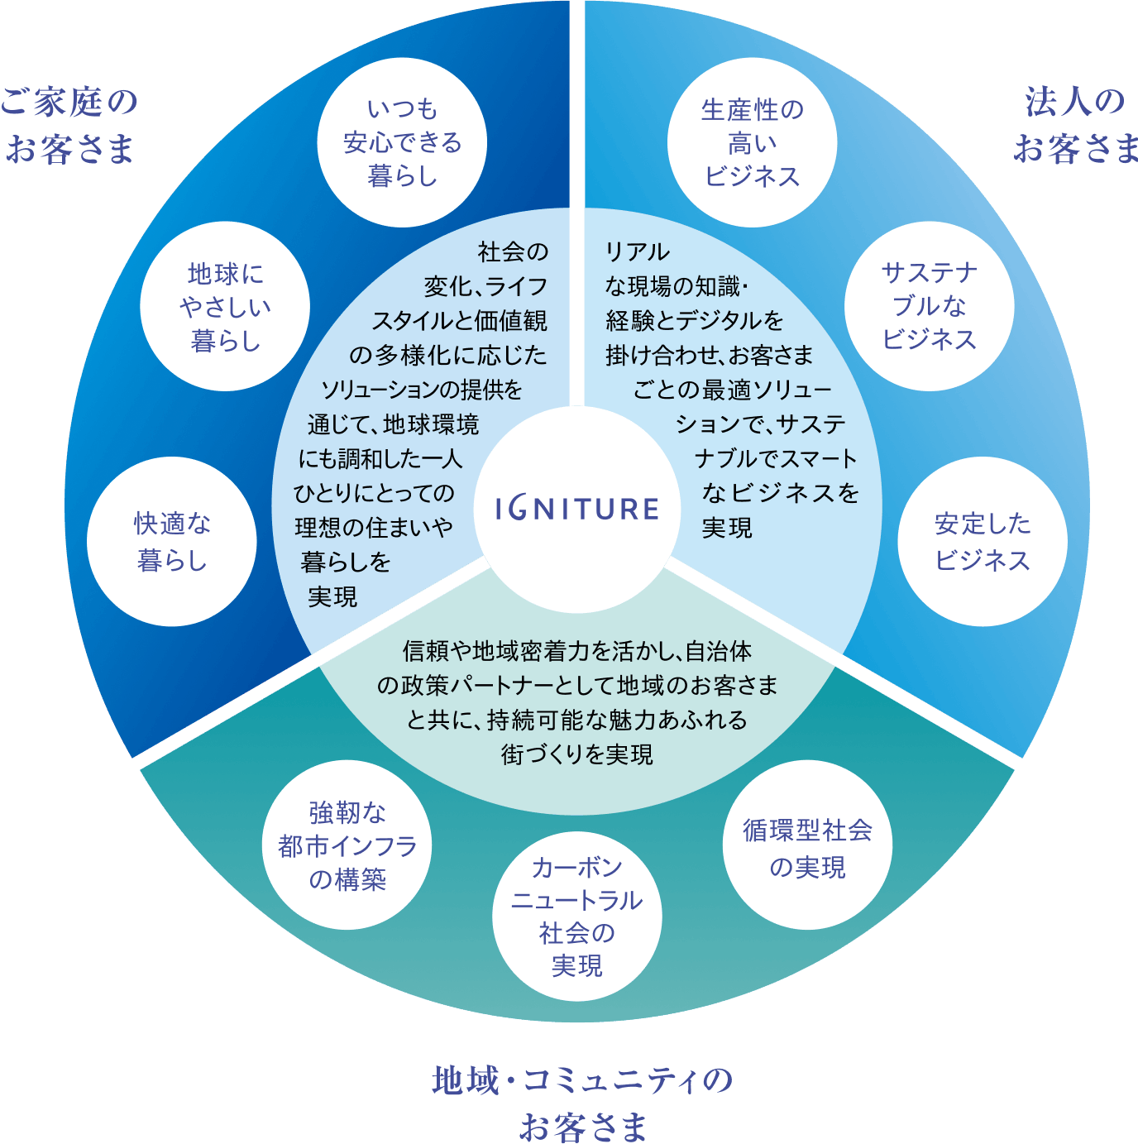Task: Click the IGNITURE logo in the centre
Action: pos(576,508)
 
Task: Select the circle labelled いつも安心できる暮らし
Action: pos(402,142)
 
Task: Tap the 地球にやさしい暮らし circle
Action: pos(225,306)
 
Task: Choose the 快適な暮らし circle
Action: pos(172,542)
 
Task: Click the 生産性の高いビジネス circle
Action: pos(752,142)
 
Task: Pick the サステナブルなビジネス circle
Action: pos(929,306)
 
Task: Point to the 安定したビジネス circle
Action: pos(983,542)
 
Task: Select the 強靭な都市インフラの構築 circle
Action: pos(347,845)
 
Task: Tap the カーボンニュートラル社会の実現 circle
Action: pos(576,917)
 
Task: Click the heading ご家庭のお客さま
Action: pos(69,126)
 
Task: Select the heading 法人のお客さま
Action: pos(1075,126)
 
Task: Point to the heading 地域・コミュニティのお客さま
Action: pos(582,1103)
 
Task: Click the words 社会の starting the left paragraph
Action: pos(513,251)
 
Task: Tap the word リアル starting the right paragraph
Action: pos(638,251)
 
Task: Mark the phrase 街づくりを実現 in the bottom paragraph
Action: pos(576,754)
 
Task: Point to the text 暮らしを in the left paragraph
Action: pos(346,562)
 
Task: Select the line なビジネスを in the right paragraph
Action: pos(781,493)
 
